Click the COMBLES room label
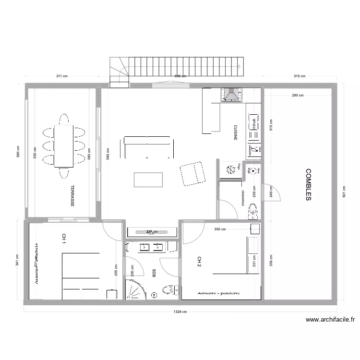309,184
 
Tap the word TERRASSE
72,196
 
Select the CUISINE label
235,133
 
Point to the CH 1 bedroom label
63,240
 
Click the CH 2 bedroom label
199,261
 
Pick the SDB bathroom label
154,274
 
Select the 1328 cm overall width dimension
180,311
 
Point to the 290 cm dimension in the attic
298,95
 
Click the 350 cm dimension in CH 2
220,229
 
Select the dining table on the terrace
64,146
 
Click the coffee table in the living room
148,179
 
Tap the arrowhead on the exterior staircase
239,67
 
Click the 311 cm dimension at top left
61,76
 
